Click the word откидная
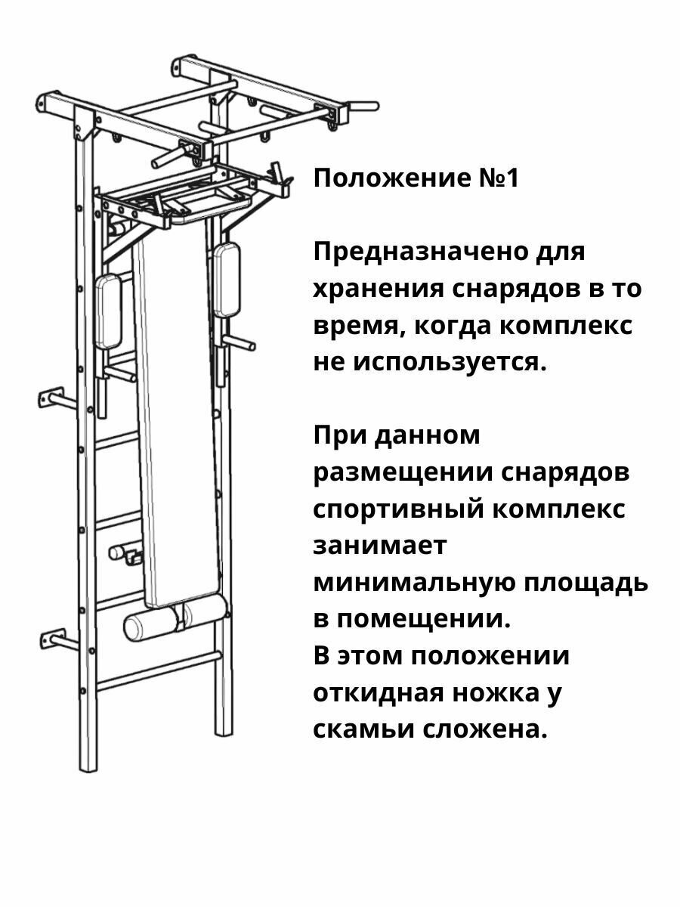click(x=372, y=693)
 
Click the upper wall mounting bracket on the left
click(x=52, y=398)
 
